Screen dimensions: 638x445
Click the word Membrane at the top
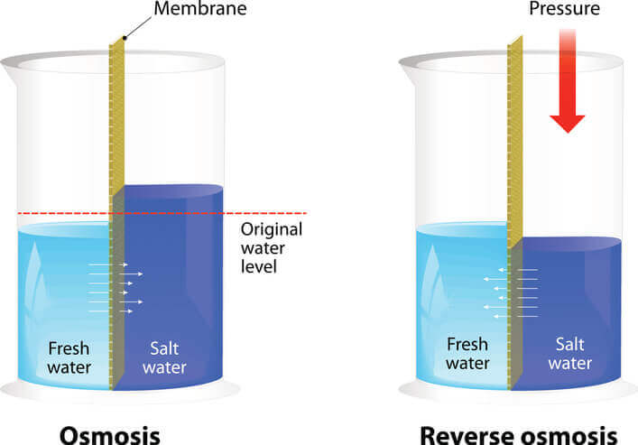[200, 8]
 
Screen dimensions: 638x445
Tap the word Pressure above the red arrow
[564, 8]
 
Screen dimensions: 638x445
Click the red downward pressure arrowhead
[568, 124]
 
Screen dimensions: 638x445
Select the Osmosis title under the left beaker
[110, 436]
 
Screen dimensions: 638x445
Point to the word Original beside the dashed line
[272, 229]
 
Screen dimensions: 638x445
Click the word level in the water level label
[259, 266]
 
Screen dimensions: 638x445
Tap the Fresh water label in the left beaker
[69, 357]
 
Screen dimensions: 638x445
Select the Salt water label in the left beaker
[164, 357]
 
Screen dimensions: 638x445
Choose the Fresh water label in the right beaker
[467, 354]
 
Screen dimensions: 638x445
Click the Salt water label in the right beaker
[569, 354]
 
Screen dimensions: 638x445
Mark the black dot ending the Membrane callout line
[125, 38]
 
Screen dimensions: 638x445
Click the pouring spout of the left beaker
[9, 70]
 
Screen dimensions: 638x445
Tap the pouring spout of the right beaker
[408, 70]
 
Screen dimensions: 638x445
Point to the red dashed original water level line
[162, 213]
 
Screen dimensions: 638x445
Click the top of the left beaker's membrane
[116, 41]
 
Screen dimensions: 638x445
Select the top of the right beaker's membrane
[515, 41]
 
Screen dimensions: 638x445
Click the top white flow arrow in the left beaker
[108, 264]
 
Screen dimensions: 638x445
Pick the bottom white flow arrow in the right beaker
[515, 316]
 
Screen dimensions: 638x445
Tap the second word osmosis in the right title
[569, 436]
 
